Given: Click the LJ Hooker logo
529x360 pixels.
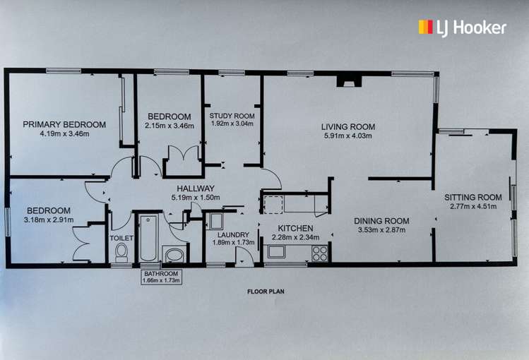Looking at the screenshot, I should tap(462, 28).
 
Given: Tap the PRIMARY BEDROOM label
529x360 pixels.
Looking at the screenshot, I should tap(64, 124).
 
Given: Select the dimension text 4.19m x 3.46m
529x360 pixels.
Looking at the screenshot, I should tap(64, 133).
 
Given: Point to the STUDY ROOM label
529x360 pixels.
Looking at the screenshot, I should tap(232, 116).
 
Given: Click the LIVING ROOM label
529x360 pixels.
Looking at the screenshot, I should tap(349, 127).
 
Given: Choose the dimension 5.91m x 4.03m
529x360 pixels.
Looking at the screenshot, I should tap(349, 136).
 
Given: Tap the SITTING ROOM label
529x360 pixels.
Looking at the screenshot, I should tap(472, 197).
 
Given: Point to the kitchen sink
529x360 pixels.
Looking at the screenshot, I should tap(276, 251).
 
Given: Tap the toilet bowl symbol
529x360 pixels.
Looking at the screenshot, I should tap(121, 252).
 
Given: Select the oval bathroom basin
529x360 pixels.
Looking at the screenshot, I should tap(173, 254).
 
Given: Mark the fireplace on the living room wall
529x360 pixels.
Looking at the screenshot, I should tap(347, 82).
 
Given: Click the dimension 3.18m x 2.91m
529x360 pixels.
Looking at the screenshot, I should tap(49, 219).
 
